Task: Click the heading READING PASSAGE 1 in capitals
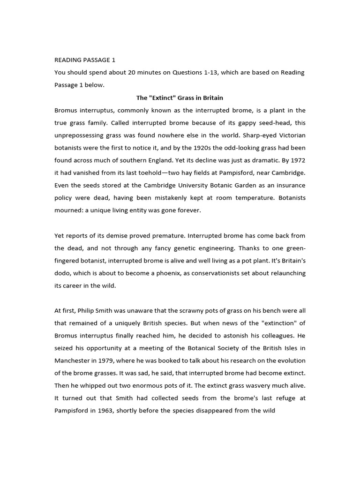click(x=85, y=60)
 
